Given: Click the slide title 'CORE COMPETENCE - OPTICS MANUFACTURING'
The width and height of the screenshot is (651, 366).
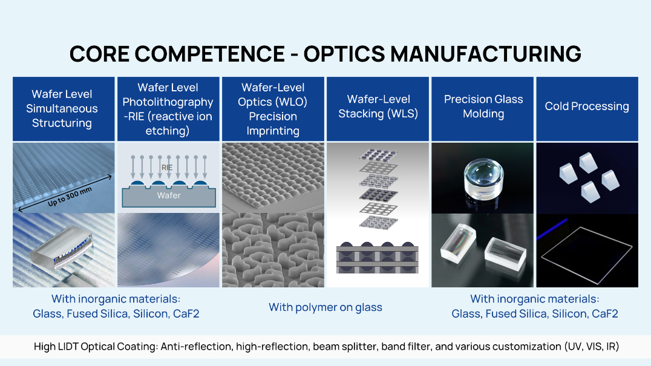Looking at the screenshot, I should tap(325, 53).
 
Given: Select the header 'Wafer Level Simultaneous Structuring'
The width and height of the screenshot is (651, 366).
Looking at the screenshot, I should tap(62, 109).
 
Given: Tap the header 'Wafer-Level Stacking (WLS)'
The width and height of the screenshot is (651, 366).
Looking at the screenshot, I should tap(378, 106).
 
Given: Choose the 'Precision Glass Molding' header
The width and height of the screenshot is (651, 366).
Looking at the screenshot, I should tap(483, 106).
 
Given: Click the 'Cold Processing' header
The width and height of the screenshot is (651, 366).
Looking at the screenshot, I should tap(586, 106).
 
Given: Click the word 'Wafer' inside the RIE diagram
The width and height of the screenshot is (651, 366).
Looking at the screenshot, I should tap(168, 195).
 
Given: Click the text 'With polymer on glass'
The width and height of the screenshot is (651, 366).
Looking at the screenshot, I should tap(325, 307).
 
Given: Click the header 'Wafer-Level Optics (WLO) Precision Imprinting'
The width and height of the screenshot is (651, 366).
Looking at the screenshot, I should tap(273, 109).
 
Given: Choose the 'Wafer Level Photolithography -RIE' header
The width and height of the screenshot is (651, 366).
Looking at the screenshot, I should tap(168, 109).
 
